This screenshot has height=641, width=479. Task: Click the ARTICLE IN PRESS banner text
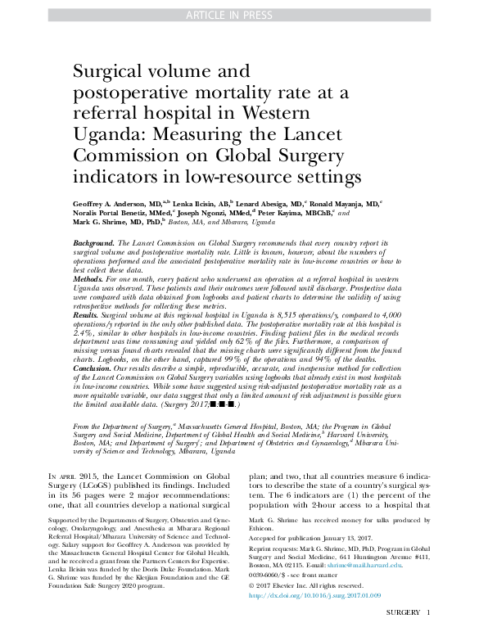239,15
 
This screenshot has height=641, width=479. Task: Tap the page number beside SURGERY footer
429,613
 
